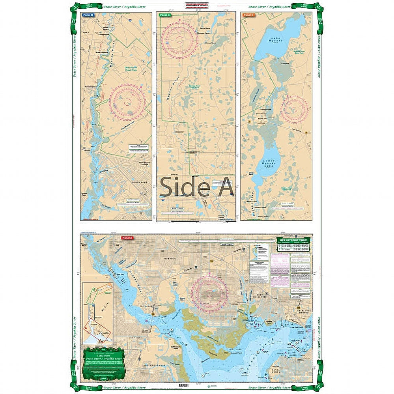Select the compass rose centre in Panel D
coord(294,109)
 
